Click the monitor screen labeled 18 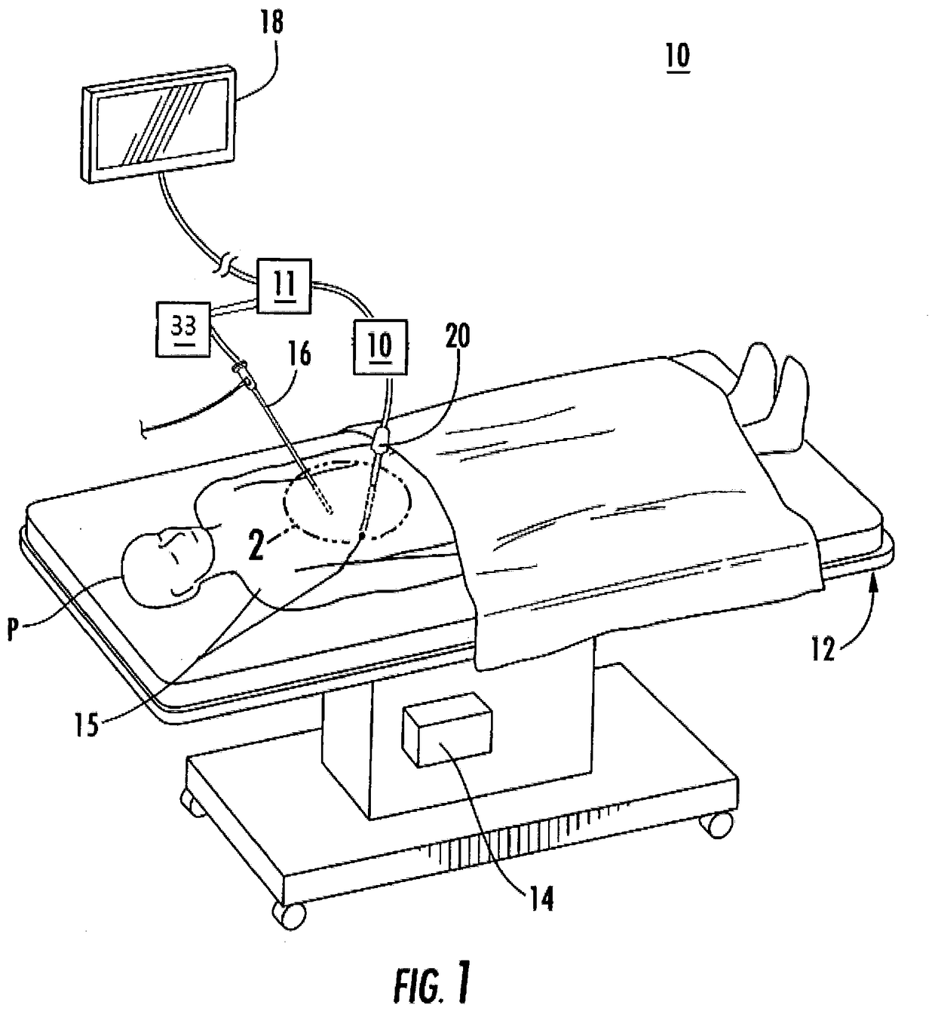(159, 124)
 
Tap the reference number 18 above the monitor (271, 23)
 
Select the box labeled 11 (284, 286)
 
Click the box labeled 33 (183, 329)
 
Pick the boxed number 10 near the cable (381, 346)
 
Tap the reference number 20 (457, 335)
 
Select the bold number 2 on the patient (256, 544)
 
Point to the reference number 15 (87, 725)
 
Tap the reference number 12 (823, 649)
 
